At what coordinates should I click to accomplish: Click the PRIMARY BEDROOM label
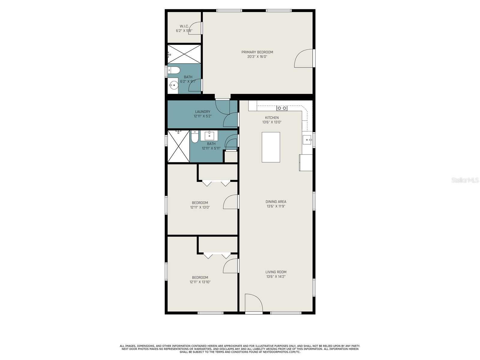click(x=257, y=52)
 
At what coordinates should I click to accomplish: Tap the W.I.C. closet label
click(x=184, y=26)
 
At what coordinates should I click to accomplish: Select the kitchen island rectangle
click(x=271, y=147)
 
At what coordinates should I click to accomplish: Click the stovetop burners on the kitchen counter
click(x=282, y=108)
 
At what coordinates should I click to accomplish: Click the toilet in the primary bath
click(x=174, y=71)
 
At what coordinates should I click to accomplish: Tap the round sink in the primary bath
click(x=173, y=86)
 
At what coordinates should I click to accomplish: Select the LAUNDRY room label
click(x=202, y=112)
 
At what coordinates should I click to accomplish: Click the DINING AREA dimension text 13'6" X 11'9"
click(x=276, y=206)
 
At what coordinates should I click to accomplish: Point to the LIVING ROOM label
click(x=276, y=272)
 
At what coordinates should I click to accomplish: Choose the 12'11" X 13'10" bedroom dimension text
click(x=200, y=282)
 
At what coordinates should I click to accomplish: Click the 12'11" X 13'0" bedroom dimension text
click(x=200, y=207)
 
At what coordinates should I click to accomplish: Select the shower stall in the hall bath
click(x=178, y=146)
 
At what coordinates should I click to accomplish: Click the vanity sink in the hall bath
click(x=209, y=136)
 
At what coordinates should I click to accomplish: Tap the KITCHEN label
click(x=272, y=118)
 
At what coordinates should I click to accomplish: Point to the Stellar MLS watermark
click(x=465, y=180)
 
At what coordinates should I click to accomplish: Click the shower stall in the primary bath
click(x=184, y=54)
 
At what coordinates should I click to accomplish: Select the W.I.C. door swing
click(x=195, y=29)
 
